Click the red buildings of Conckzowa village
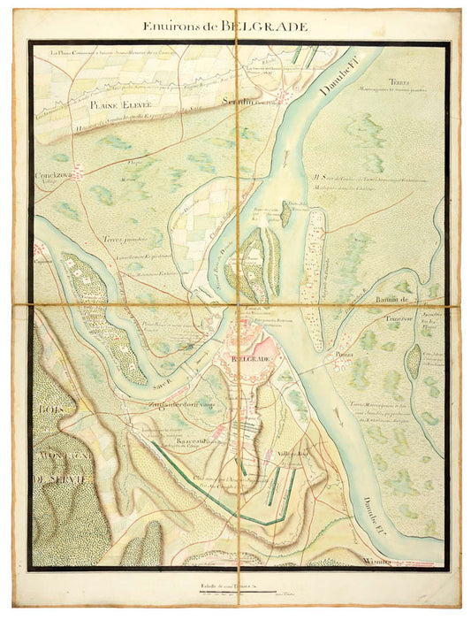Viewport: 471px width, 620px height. pos(76,174)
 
